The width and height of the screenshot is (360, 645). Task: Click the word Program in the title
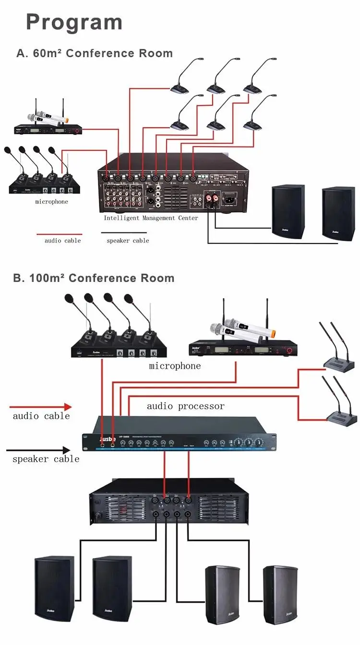74,23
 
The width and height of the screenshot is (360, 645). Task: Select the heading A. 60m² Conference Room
95,53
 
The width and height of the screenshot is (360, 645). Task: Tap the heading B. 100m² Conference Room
94,278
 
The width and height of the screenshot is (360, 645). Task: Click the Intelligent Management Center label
151,218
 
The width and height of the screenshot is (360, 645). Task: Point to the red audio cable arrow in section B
40,407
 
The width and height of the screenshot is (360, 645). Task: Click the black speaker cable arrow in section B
38,450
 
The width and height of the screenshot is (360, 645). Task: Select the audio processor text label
185,406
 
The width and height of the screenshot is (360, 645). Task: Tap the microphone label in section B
175,366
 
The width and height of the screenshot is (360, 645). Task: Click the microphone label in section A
51,202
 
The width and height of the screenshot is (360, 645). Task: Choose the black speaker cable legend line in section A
124,233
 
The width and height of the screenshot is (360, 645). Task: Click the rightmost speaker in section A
338,214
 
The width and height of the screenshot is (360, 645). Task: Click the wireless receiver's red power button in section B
289,352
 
